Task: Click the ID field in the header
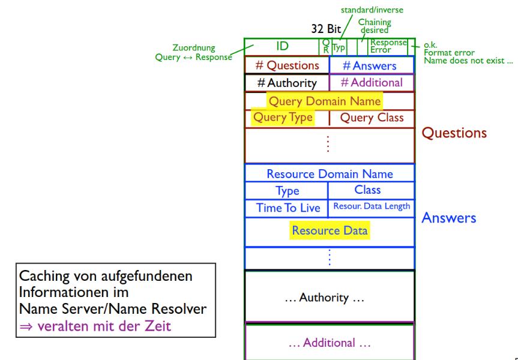pos(282,46)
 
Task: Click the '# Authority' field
pos(287,83)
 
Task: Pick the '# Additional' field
pos(372,83)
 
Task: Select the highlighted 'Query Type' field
pos(283,118)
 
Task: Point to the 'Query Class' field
pos(372,118)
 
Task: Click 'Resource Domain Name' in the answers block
pos(330,174)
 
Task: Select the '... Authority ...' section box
pos(329,296)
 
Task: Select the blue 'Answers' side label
pos(449,218)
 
